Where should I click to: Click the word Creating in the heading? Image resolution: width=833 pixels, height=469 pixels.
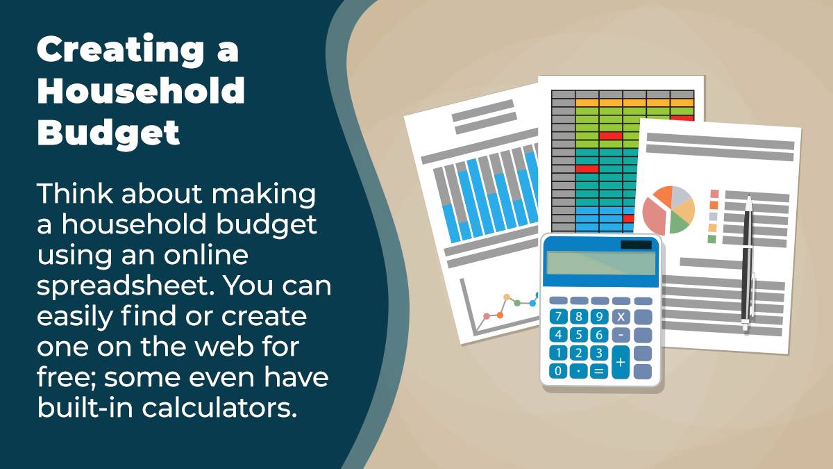[x=121, y=50]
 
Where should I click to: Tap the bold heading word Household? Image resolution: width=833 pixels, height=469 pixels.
[x=141, y=90]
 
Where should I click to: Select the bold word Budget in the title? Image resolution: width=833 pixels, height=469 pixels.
[x=108, y=133]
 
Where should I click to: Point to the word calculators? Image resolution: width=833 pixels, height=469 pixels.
[x=219, y=408]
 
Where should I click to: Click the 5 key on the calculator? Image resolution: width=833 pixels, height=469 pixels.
[x=578, y=335]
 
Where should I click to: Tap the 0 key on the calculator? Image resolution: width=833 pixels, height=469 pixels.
[x=558, y=371]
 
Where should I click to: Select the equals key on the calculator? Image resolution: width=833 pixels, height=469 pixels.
[x=598, y=371]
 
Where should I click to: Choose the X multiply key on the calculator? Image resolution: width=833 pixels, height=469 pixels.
[x=621, y=317]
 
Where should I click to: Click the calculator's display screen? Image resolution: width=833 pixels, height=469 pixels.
[x=600, y=263]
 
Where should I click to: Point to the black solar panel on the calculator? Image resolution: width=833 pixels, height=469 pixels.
[x=636, y=245]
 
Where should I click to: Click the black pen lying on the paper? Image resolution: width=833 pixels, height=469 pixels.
[x=748, y=263]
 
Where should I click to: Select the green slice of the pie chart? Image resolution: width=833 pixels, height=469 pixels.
[x=680, y=223]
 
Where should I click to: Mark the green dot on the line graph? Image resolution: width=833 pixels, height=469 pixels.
[x=517, y=303]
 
